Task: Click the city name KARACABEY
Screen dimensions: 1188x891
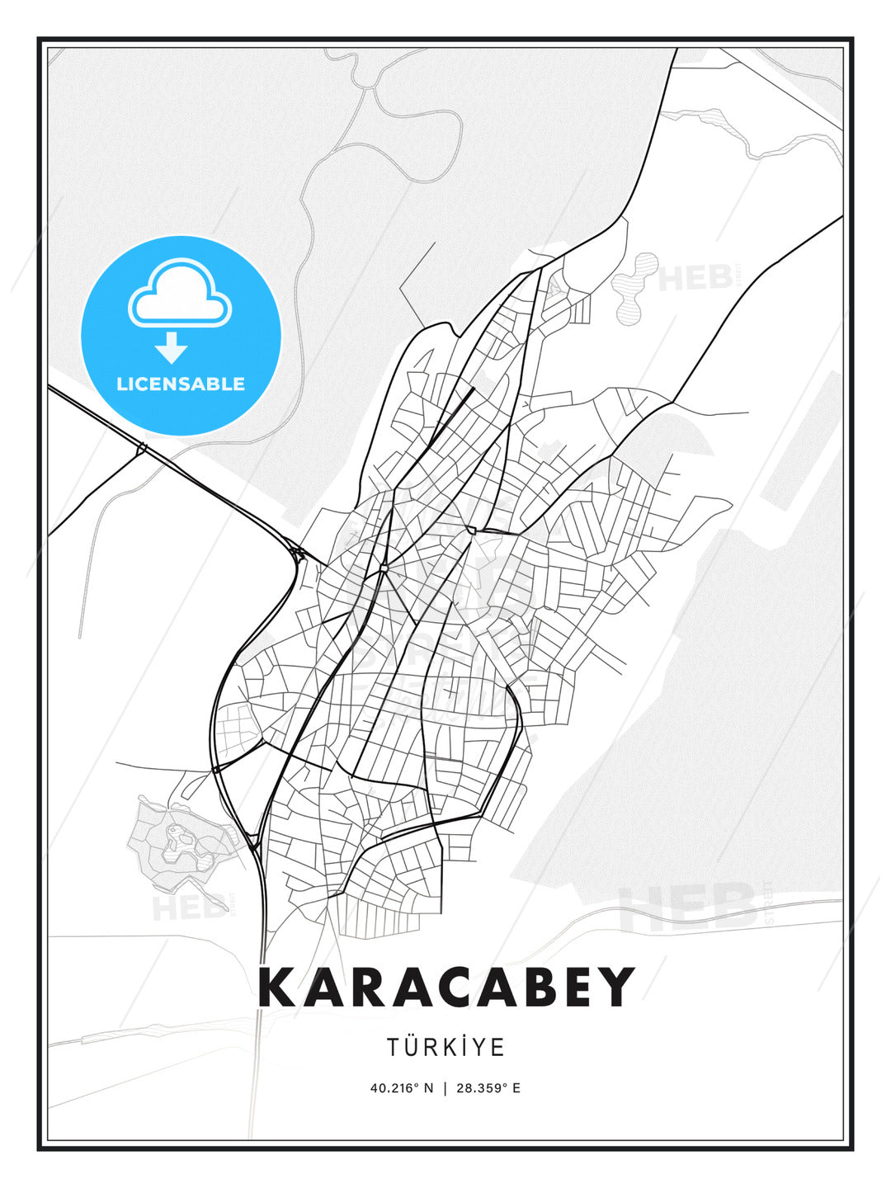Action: (x=446, y=988)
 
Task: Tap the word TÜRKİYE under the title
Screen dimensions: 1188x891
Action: (x=445, y=1047)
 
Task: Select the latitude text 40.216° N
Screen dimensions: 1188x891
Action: (x=401, y=1087)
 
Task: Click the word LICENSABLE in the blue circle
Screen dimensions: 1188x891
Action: (x=181, y=384)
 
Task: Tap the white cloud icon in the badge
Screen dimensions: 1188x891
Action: (x=180, y=295)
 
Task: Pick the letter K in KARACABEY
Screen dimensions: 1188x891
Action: (x=277, y=988)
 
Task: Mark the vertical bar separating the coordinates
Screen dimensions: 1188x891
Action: (x=445, y=1087)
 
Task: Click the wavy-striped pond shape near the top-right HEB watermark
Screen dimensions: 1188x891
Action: (x=635, y=285)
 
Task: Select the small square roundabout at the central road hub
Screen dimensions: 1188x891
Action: (x=384, y=568)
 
